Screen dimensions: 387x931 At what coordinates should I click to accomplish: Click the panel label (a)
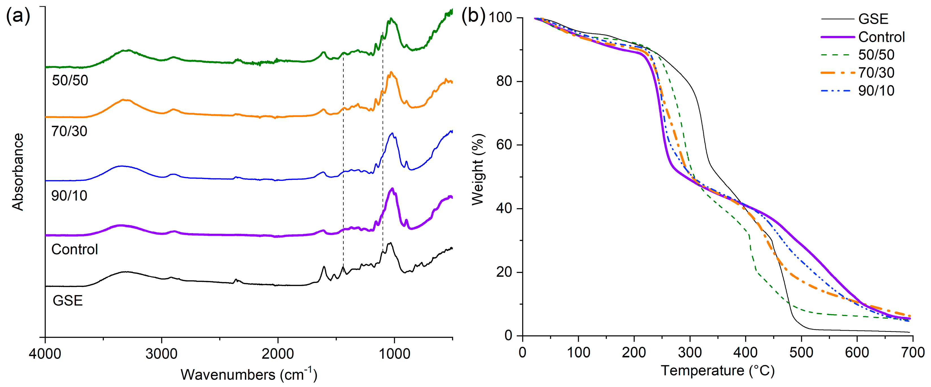pyautogui.click(x=18, y=16)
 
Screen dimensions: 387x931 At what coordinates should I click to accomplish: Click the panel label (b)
pyautogui.click(x=473, y=16)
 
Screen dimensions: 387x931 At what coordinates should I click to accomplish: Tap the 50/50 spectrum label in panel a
pyautogui.click(x=70, y=80)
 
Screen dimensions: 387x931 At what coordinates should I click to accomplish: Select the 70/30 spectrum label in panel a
pyautogui.click(x=69, y=131)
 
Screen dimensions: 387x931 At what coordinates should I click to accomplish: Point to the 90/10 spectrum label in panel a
pyautogui.click(x=69, y=196)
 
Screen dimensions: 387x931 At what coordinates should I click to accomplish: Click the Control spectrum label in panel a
pyautogui.click(x=75, y=250)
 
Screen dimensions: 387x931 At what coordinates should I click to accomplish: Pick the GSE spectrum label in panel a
pyautogui.click(x=67, y=300)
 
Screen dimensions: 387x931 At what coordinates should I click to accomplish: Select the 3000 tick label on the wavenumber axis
pyautogui.click(x=161, y=353)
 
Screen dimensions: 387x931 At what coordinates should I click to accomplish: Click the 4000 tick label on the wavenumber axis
pyautogui.click(x=45, y=353)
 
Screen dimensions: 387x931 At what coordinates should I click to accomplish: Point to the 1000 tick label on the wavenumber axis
pyautogui.click(x=394, y=353)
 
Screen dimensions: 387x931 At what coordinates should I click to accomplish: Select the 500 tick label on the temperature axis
pyautogui.click(x=801, y=352)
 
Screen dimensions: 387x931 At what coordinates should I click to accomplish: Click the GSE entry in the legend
pyautogui.click(x=873, y=19)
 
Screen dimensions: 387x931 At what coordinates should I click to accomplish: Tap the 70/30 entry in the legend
pyautogui.click(x=876, y=73)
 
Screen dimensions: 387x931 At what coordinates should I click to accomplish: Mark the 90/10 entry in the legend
pyautogui.click(x=876, y=90)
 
